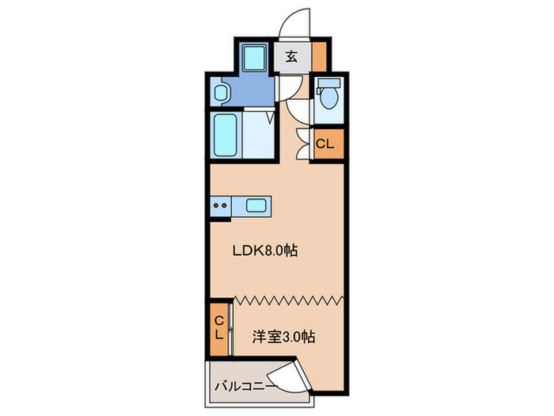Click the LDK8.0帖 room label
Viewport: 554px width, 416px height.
click(264, 251)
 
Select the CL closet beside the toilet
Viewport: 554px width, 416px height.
click(325, 144)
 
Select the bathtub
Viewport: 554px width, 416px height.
click(226, 135)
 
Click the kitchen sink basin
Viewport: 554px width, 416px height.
click(256, 206)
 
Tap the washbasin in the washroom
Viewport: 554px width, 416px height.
click(222, 94)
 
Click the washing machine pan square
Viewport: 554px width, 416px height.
click(254, 58)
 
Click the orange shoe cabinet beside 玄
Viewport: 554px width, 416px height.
click(319, 56)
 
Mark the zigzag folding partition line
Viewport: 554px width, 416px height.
click(289, 300)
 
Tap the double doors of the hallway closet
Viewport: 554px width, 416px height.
click(302, 143)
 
